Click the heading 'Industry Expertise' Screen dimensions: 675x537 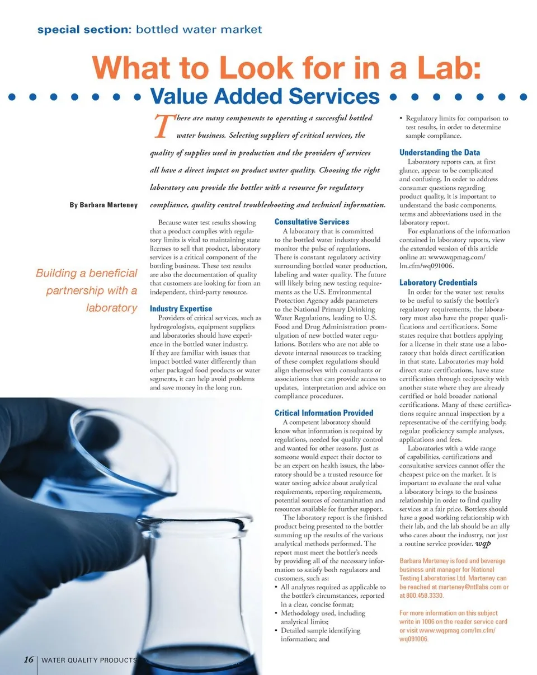pos(181,309)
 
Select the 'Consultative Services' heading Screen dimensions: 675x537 pos(312,222)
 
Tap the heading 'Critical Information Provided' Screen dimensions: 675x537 pos(323,413)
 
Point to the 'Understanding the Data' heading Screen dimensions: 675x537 pos(439,153)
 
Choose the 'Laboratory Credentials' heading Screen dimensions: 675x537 pos(438,283)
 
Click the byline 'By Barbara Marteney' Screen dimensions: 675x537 pos(103,205)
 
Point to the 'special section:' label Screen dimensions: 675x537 pos(83,29)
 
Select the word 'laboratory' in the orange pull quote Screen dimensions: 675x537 pos(111,308)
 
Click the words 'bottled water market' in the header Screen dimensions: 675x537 pos(198,29)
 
